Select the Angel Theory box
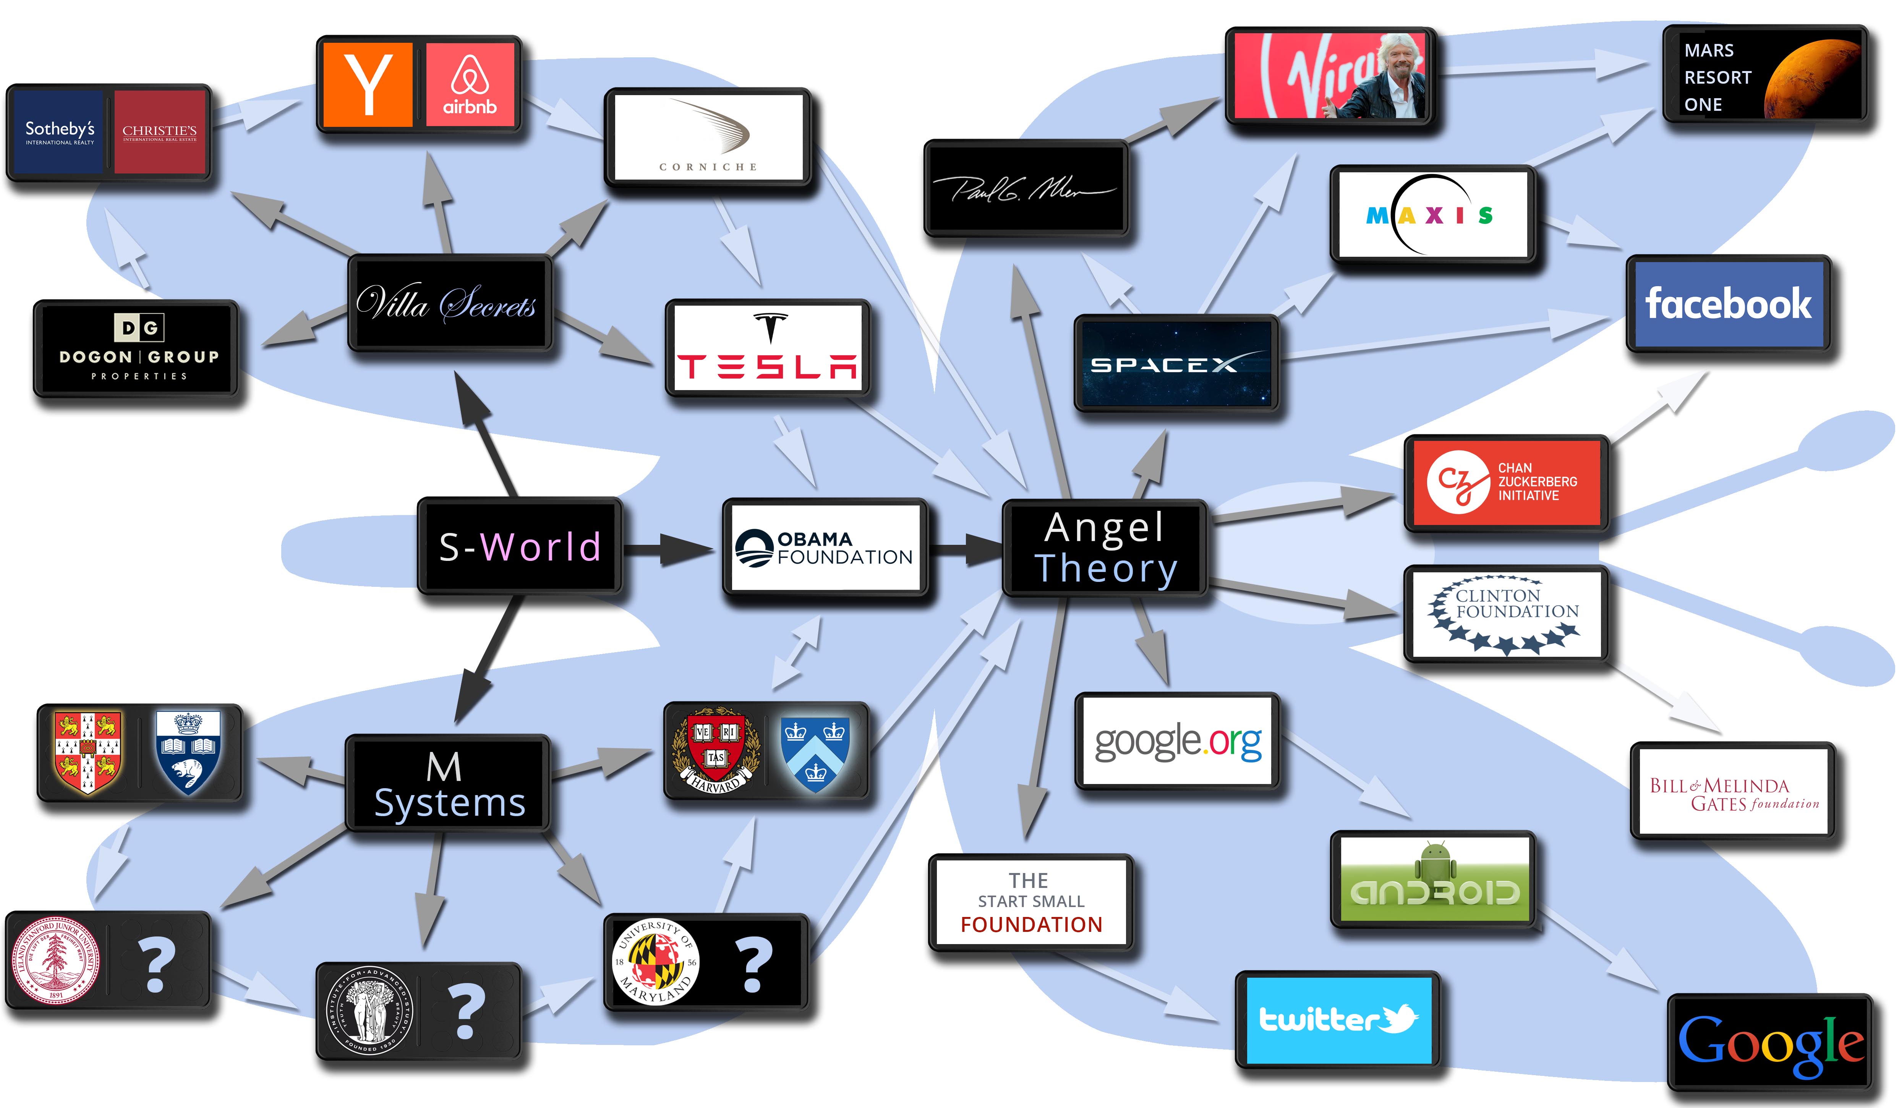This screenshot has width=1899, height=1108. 1105,548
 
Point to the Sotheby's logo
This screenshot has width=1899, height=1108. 60,132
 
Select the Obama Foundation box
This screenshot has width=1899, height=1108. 825,548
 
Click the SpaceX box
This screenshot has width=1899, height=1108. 1176,363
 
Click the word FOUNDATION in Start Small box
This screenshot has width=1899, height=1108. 1031,924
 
